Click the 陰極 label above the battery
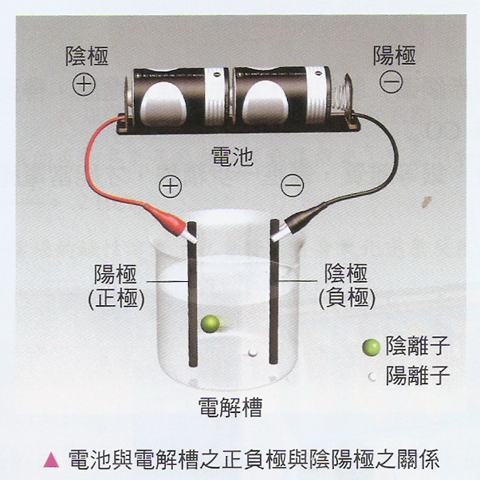(x=87, y=56)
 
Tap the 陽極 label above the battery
(x=394, y=55)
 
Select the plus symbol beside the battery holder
(x=84, y=84)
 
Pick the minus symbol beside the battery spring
(x=391, y=81)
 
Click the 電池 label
(x=233, y=156)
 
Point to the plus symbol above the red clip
(x=170, y=186)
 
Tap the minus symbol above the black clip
(x=293, y=185)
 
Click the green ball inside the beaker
(x=210, y=323)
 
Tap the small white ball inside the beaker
(x=253, y=353)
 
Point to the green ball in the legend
(x=371, y=347)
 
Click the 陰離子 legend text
(x=418, y=346)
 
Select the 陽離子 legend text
(x=418, y=375)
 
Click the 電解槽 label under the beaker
(x=230, y=407)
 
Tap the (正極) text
(x=116, y=299)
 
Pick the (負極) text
(x=347, y=298)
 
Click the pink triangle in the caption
(x=51, y=460)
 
